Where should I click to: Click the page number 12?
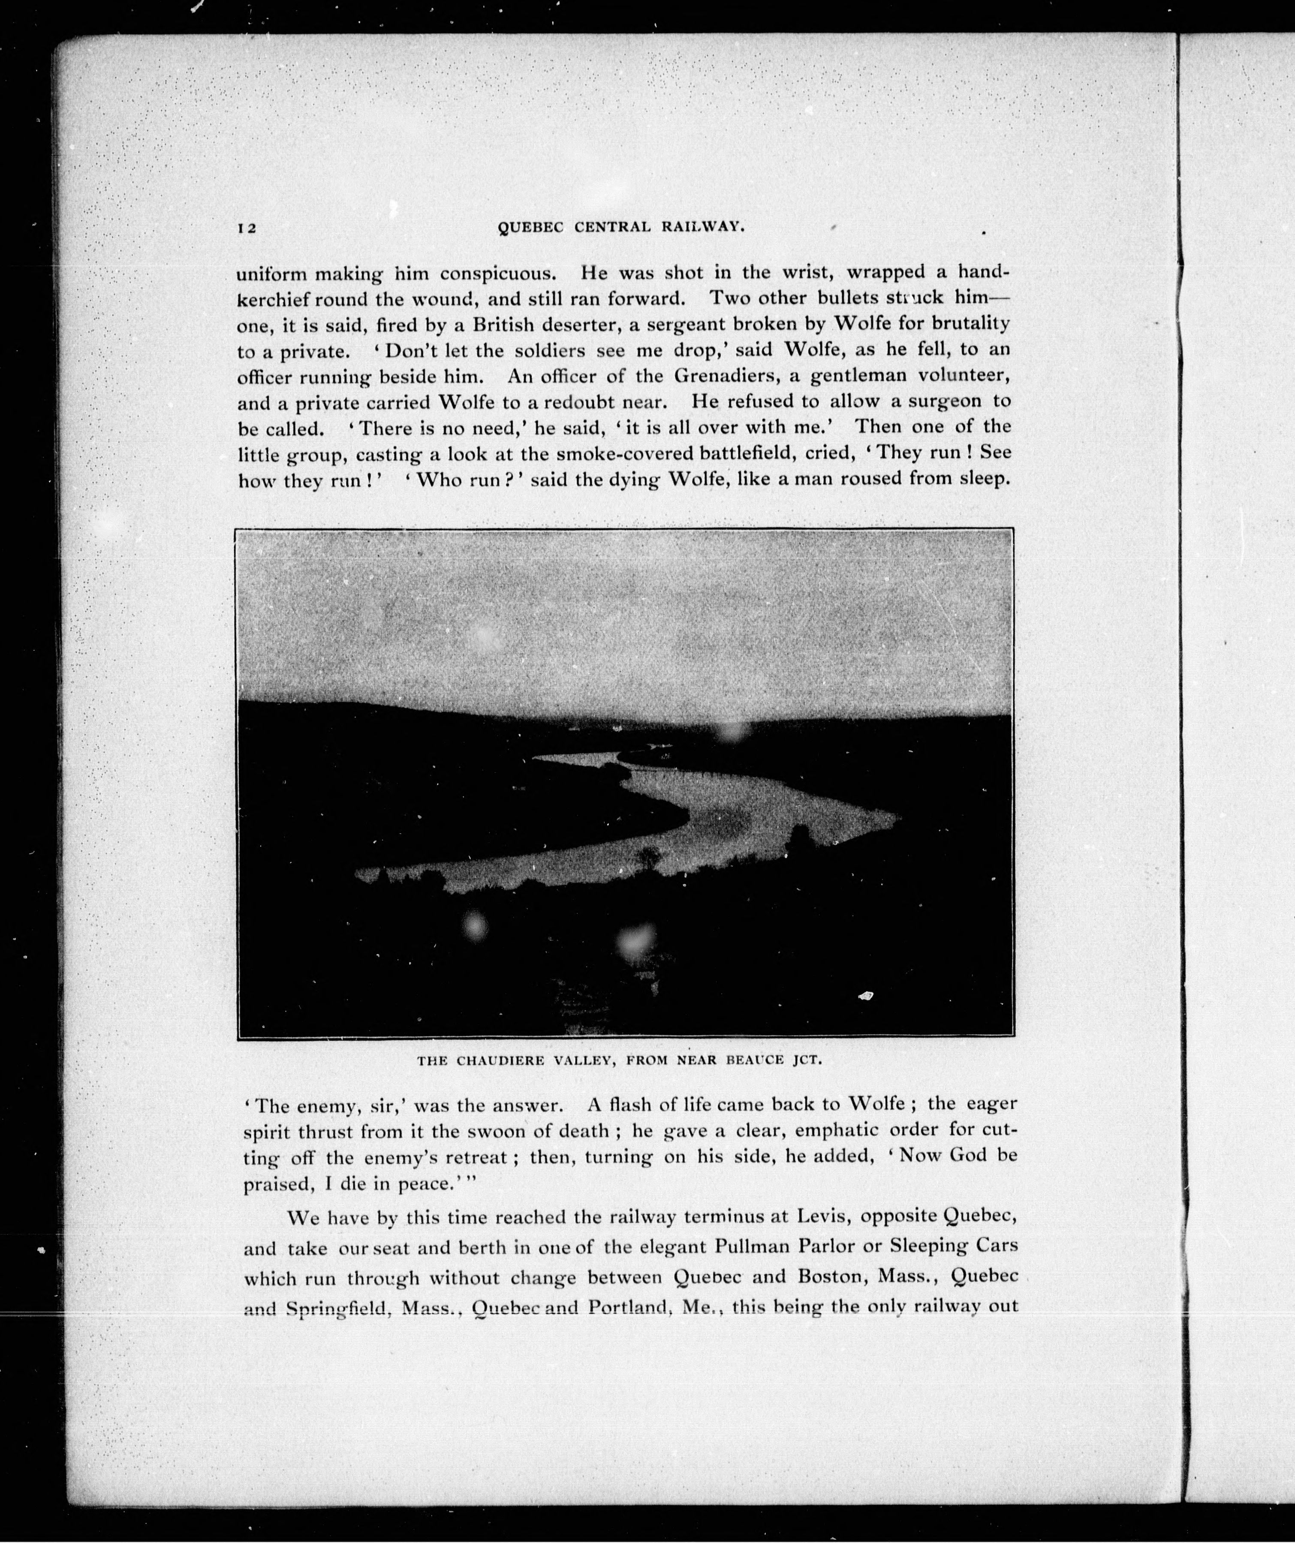tap(246, 228)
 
